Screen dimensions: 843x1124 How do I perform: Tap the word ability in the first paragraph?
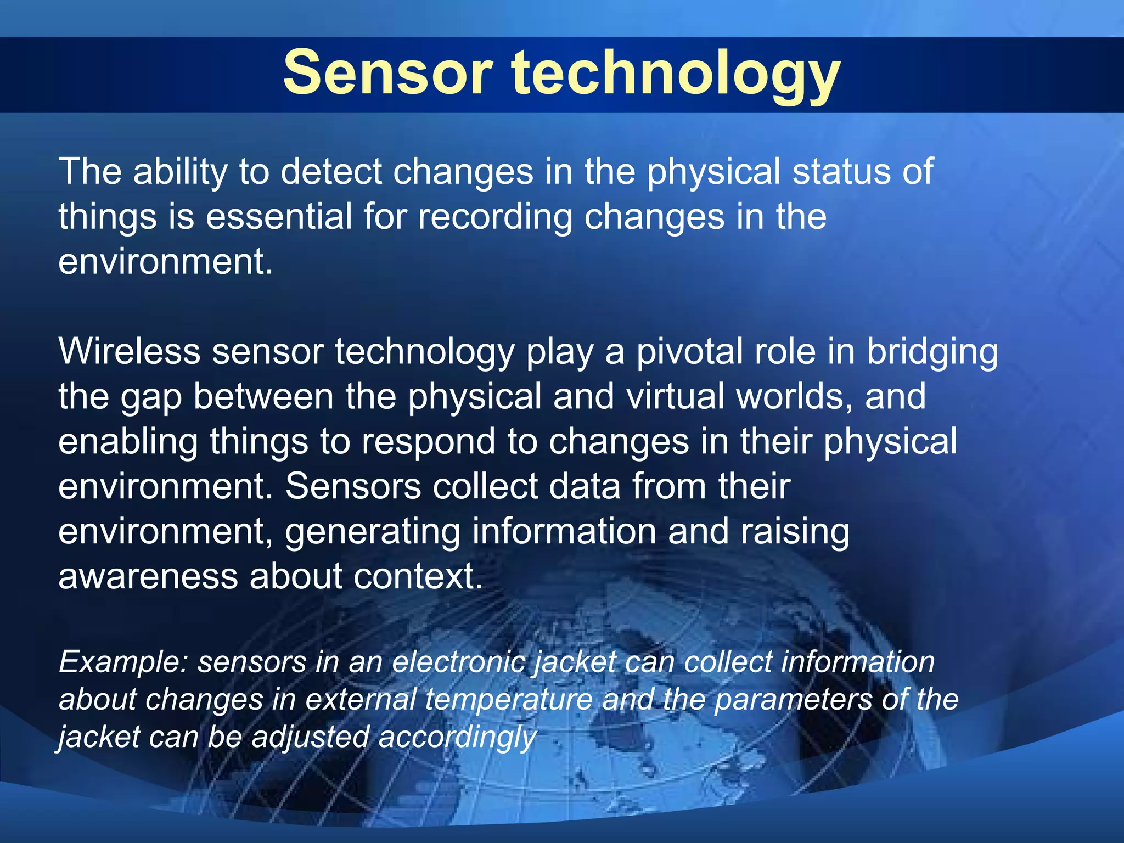(x=180, y=172)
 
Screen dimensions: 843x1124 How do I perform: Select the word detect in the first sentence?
(x=331, y=172)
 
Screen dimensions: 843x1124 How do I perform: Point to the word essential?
(x=279, y=217)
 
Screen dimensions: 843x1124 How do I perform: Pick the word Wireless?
(x=130, y=351)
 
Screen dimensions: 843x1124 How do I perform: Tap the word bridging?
(x=932, y=352)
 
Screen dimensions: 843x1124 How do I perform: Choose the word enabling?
(x=128, y=442)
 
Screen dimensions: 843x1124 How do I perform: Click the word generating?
(x=373, y=532)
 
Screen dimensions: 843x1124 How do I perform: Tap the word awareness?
(x=148, y=577)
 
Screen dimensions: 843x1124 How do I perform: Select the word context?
(x=418, y=577)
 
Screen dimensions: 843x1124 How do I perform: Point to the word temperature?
(x=509, y=700)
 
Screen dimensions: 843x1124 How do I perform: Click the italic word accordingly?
(x=457, y=738)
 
